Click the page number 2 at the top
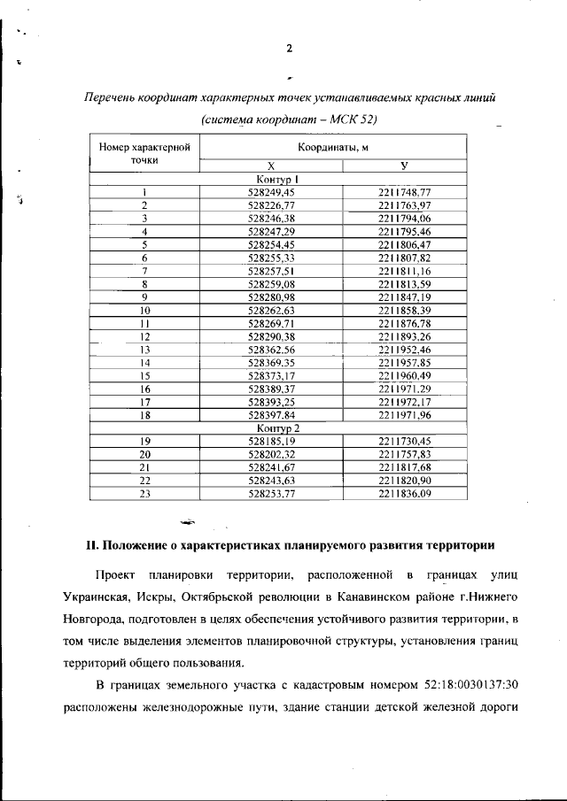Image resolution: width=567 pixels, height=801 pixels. point(289,48)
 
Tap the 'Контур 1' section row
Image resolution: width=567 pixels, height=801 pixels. point(277,179)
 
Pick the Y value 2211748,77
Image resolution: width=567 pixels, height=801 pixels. point(404,192)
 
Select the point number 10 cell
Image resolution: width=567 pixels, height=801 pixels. point(144,311)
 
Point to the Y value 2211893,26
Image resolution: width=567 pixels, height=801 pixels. point(404,337)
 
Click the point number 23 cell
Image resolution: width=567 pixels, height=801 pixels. point(144,495)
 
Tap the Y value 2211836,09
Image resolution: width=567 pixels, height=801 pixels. point(404,495)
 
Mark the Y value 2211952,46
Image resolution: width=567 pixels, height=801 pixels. point(404,350)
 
